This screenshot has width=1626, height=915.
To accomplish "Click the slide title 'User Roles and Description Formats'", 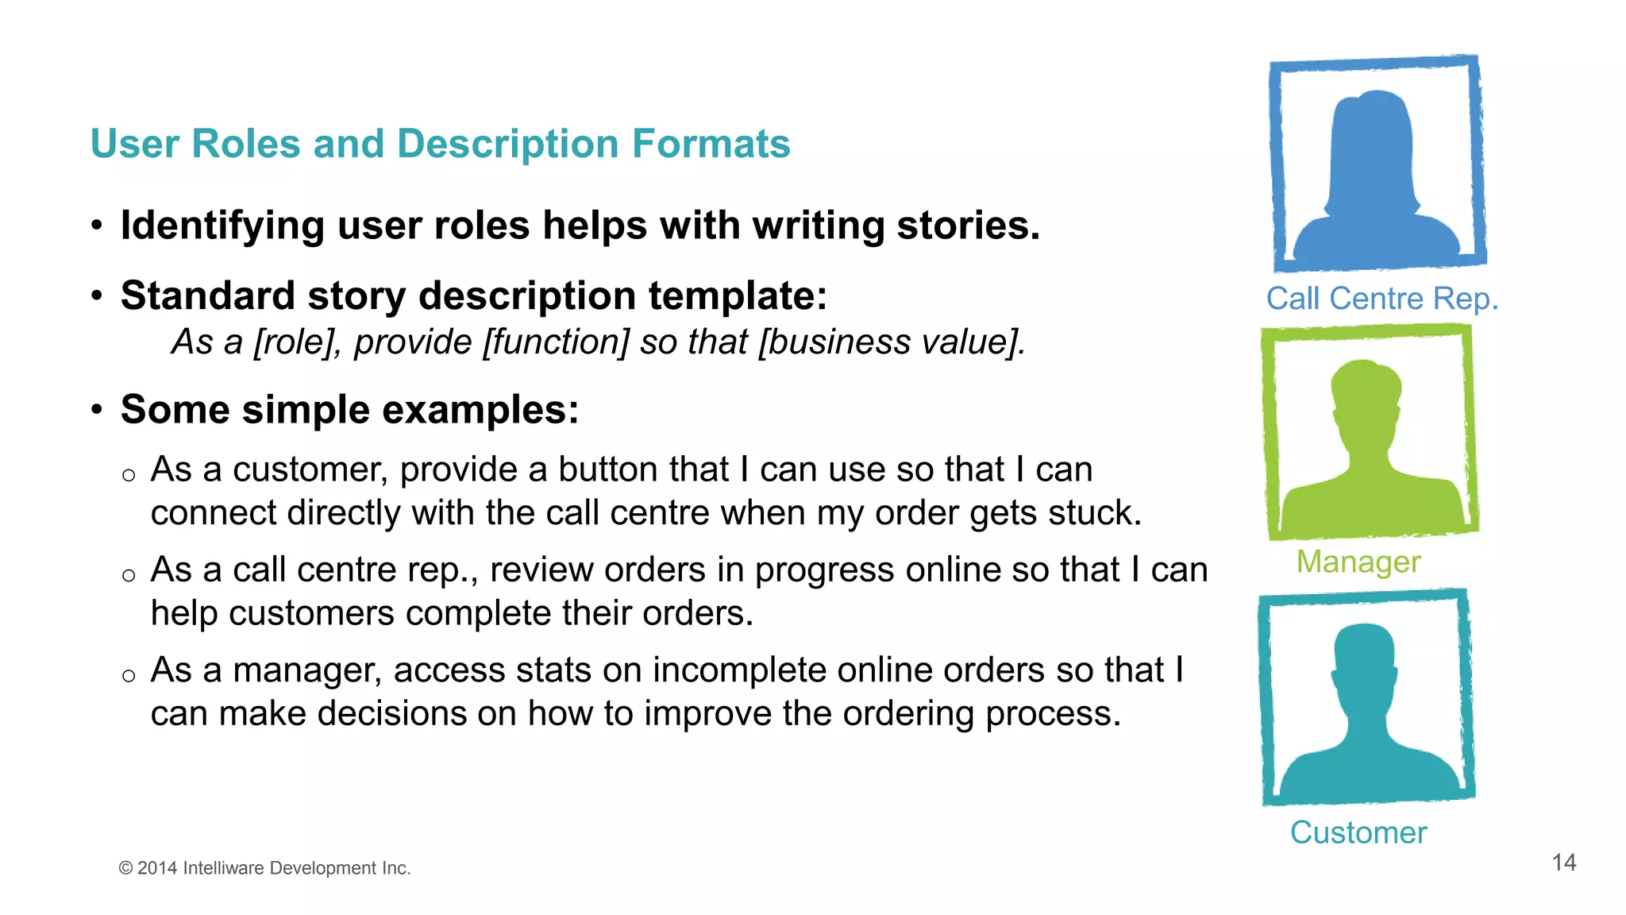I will click(x=440, y=145).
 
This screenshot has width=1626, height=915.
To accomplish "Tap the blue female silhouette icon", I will click(x=1377, y=175).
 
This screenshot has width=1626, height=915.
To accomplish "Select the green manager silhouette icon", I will click(x=1369, y=445).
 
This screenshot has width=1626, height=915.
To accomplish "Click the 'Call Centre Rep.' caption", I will click(x=1381, y=299).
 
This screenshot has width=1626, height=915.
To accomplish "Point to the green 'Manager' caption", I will click(x=1358, y=562).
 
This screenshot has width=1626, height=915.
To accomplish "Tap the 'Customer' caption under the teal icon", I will click(x=1358, y=832).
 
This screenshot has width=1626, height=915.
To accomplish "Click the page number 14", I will click(x=1563, y=863).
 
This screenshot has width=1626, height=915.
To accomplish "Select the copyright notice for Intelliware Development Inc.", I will click(x=264, y=868).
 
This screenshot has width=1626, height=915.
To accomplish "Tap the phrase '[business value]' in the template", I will click(x=891, y=342).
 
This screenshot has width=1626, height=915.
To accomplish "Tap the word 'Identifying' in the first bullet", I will click(x=222, y=226).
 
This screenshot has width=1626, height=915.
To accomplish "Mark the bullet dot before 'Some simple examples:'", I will click(x=97, y=410).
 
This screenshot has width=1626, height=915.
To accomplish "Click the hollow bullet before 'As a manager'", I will click(x=129, y=676).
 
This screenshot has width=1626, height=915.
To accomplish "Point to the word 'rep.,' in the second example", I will click(x=442, y=570).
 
